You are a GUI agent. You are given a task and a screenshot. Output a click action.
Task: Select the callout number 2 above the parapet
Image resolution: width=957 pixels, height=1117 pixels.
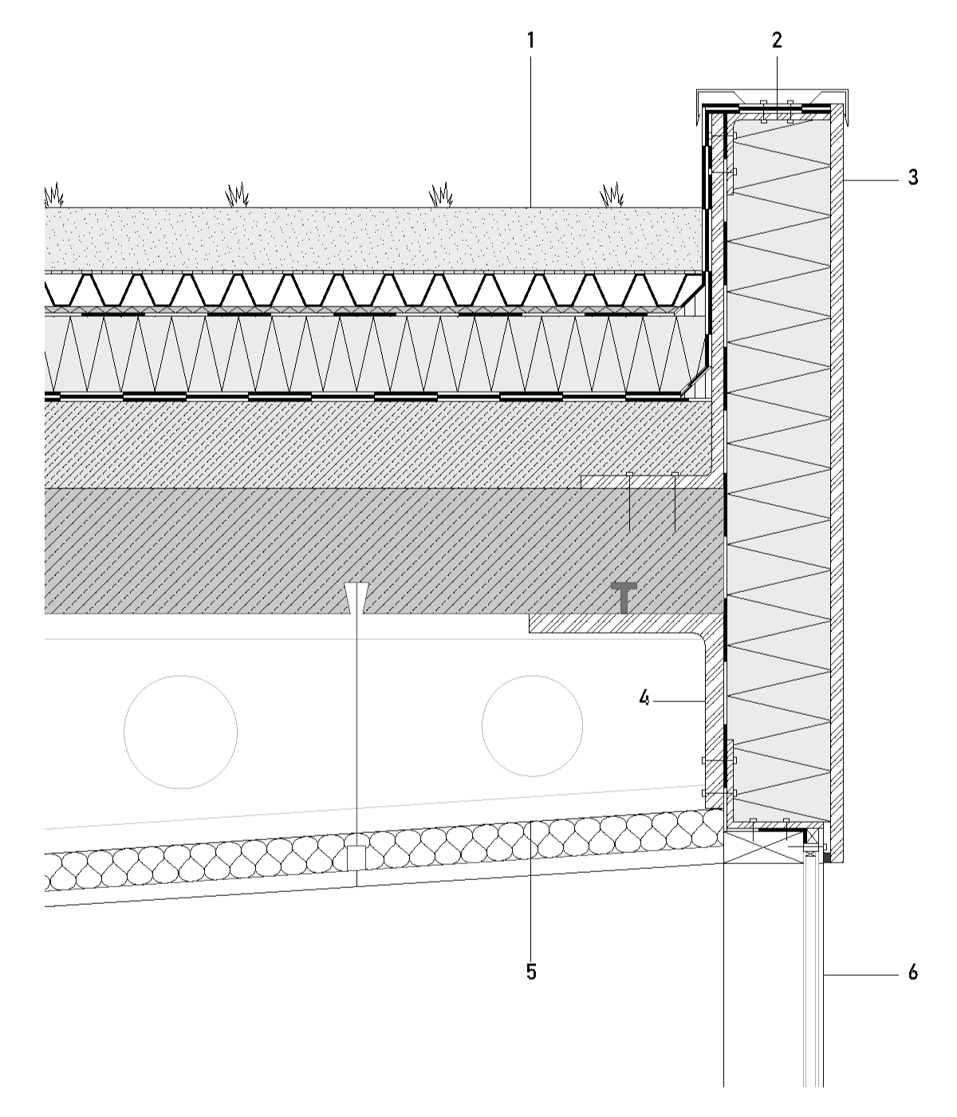(x=778, y=41)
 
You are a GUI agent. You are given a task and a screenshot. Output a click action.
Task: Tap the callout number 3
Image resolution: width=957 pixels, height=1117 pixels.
(x=913, y=177)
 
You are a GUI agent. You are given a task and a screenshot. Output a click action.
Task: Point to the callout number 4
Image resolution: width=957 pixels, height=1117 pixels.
(x=644, y=699)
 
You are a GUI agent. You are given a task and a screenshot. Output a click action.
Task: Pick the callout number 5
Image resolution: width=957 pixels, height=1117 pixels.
(x=531, y=972)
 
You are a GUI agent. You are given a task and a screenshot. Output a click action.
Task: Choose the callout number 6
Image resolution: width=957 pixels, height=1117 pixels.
(x=913, y=972)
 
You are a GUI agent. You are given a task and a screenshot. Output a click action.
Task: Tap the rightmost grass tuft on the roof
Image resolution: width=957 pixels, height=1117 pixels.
(x=612, y=194)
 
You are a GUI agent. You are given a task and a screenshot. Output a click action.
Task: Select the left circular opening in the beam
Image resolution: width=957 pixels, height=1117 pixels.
(x=181, y=732)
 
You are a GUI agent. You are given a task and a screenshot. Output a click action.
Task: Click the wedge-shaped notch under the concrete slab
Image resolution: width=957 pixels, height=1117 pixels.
(x=356, y=597)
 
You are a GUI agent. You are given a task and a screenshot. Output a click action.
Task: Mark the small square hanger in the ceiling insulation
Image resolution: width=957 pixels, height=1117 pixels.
(x=356, y=858)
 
